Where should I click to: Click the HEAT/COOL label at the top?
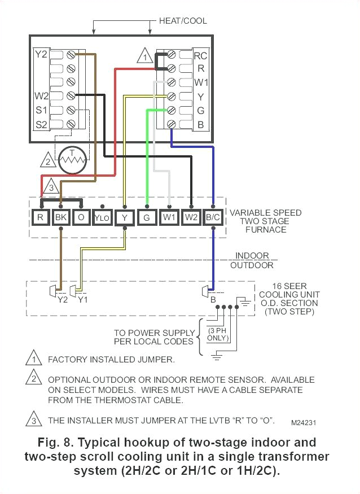tap(182, 21)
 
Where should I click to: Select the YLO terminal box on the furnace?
tap(102, 217)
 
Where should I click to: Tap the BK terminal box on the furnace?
tap(60, 217)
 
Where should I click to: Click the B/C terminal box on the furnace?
tap(213, 217)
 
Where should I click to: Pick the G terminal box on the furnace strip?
tap(147, 217)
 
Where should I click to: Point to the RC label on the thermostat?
tap(200, 56)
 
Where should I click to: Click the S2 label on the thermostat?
tap(41, 123)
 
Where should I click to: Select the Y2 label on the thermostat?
tap(41, 55)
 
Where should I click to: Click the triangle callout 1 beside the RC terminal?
tap(145, 57)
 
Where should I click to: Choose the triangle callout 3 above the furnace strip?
tap(50, 186)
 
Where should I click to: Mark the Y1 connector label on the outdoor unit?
tap(82, 300)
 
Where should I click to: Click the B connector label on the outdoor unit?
tap(213, 300)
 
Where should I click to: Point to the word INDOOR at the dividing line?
tap(252, 256)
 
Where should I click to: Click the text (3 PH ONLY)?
tap(217, 334)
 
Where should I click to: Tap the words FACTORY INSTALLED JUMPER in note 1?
tap(111, 360)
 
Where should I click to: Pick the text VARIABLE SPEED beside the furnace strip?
tap(265, 213)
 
